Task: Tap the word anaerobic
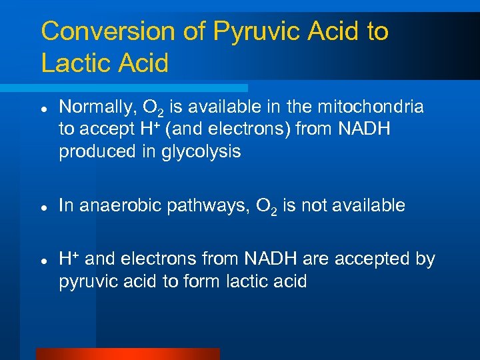point(112,205)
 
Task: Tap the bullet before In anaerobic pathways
point(43,207)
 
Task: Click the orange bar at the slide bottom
point(127,354)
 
